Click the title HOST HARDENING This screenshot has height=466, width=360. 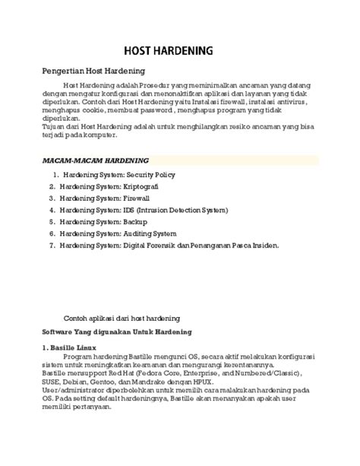click(x=179, y=48)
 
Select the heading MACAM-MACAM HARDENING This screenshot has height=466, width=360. click(x=95, y=161)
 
